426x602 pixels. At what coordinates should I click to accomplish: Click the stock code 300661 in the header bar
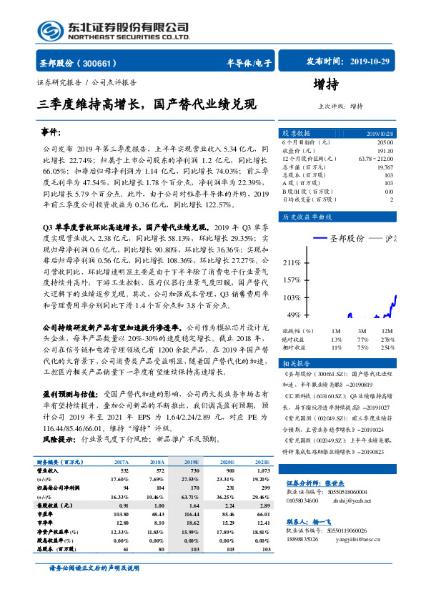click(x=101, y=63)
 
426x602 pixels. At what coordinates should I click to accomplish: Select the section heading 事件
click(x=52, y=134)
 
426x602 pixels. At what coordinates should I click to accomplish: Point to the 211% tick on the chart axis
click(x=291, y=263)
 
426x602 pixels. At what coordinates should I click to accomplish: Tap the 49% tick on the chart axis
click(x=292, y=315)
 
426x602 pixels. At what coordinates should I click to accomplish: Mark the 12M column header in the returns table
click(x=385, y=331)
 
